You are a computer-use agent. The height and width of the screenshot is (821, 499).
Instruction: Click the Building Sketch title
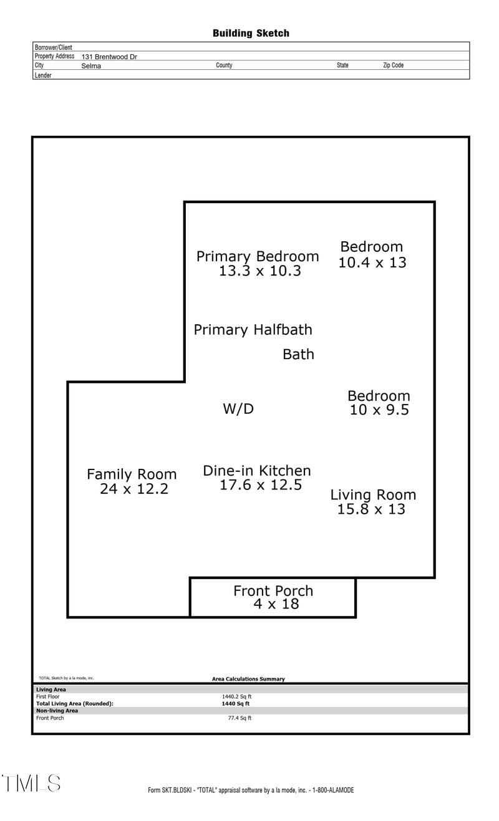(x=251, y=33)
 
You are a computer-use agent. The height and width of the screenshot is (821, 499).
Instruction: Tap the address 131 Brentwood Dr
(x=109, y=57)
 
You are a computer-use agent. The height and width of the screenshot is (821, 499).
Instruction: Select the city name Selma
(x=90, y=65)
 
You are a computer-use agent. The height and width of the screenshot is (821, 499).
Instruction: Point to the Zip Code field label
(x=393, y=65)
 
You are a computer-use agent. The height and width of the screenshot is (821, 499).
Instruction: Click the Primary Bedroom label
(x=258, y=256)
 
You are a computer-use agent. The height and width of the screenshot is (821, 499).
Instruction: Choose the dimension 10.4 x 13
(x=372, y=262)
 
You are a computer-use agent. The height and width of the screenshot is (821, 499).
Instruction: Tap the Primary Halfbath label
(x=253, y=329)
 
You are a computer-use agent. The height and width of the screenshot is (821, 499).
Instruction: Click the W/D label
(x=238, y=409)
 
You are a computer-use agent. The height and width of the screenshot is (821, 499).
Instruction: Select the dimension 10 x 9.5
(x=379, y=410)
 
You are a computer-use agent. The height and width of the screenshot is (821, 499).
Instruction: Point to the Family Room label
(x=132, y=474)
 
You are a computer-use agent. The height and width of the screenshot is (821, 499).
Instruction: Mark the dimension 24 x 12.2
(x=134, y=489)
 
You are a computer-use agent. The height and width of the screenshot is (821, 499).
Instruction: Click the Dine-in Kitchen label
(x=257, y=471)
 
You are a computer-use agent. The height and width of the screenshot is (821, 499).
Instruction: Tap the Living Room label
(x=373, y=495)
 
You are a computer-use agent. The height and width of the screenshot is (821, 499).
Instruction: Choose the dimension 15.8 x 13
(x=371, y=509)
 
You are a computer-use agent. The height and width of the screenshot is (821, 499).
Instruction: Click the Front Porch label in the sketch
(x=273, y=590)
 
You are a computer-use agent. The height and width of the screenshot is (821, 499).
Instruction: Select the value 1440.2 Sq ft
(x=236, y=696)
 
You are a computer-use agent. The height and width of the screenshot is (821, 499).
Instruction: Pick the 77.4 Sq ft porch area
(x=240, y=718)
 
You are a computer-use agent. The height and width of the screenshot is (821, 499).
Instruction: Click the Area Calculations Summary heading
(x=248, y=679)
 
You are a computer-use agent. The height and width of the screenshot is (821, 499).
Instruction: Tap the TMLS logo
(x=31, y=783)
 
